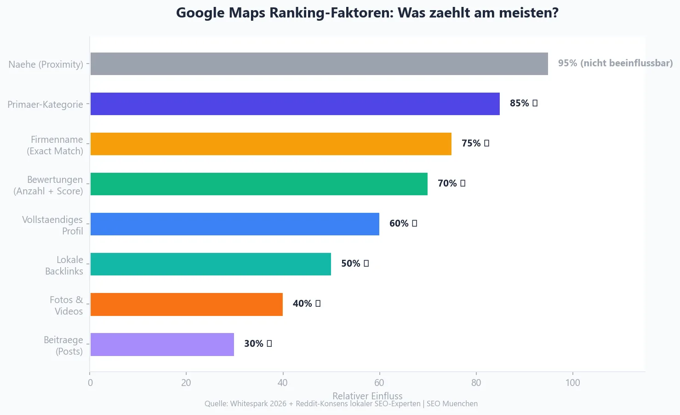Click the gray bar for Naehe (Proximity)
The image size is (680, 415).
click(x=319, y=64)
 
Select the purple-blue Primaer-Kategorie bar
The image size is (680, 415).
click(x=295, y=104)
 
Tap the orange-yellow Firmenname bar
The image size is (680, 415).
click(x=271, y=144)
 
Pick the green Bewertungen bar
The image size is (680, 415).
click(x=259, y=184)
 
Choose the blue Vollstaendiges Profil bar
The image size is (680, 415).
click(x=234, y=224)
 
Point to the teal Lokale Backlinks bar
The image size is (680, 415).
click(x=211, y=264)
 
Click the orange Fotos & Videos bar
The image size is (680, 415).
click(x=186, y=304)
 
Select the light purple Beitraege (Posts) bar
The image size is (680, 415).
click(x=162, y=344)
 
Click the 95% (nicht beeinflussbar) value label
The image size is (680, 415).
click(x=615, y=63)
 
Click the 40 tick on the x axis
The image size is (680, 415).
click(x=283, y=383)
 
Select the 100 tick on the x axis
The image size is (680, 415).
click(x=572, y=383)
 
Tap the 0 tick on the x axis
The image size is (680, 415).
click(x=90, y=383)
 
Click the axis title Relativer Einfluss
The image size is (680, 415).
click(x=367, y=396)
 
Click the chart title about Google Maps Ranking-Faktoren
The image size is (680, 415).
click(x=367, y=13)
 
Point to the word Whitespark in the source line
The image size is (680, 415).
click(x=249, y=404)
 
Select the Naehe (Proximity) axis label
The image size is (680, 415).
click(x=46, y=64)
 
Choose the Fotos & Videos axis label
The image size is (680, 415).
click(x=66, y=305)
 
